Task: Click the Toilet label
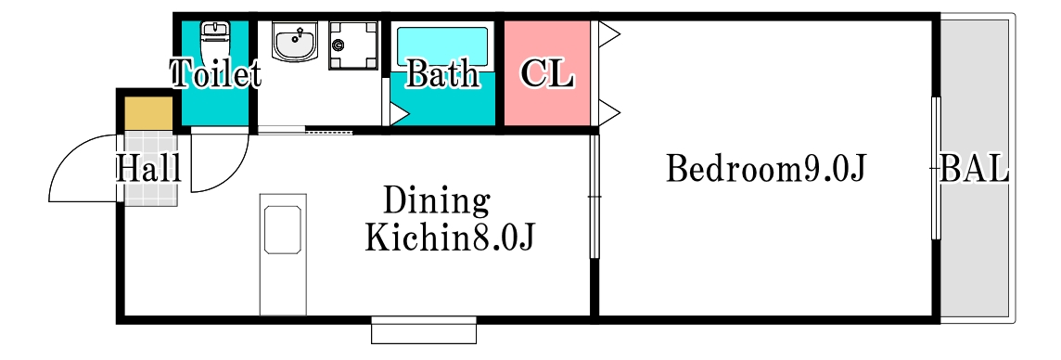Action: click(x=215, y=74)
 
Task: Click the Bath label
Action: click(x=442, y=74)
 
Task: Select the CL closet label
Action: click(x=547, y=73)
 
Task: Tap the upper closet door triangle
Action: click(x=608, y=35)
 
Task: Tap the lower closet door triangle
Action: click(x=608, y=113)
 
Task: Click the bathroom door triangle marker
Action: click(x=397, y=114)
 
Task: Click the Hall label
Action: click(x=147, y=170)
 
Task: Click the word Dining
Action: click(x=436, y=200)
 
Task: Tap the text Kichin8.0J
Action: click(x=449, y=238)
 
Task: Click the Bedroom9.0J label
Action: click(x=765, y=170)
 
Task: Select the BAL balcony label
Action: click(x=974, y=170)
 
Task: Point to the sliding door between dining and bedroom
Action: click(x=594, y=197)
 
